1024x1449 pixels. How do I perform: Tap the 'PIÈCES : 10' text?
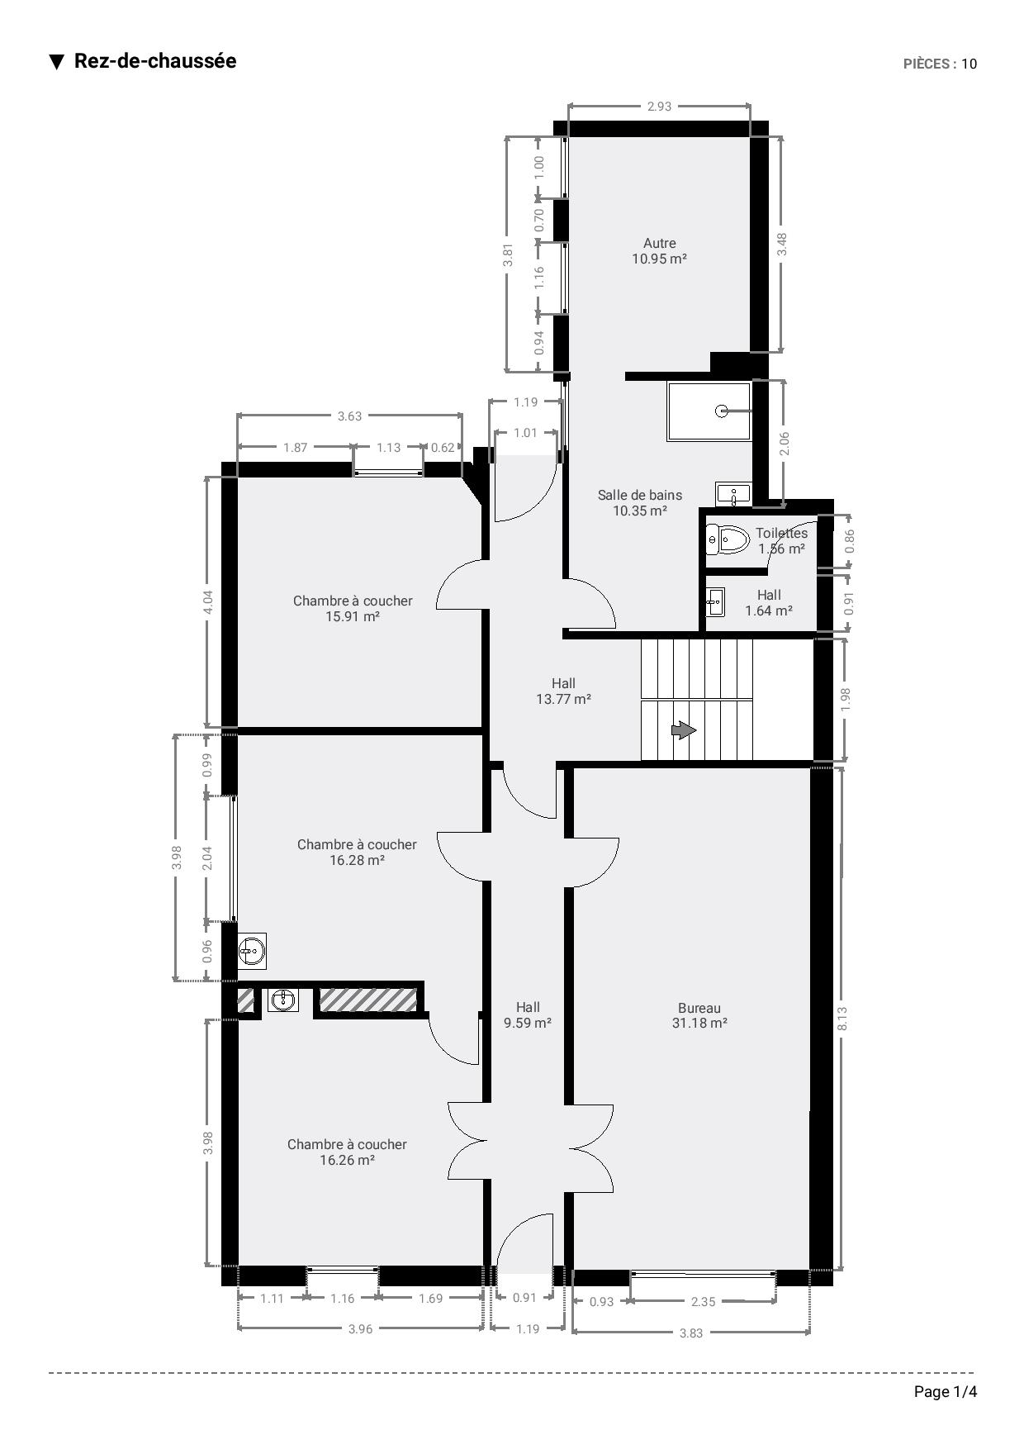pos(940,64)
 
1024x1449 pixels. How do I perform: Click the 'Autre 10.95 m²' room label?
pos(660,250)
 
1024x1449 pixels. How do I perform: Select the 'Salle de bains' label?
pos(640,495)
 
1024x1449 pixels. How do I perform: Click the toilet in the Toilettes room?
pos(727,539)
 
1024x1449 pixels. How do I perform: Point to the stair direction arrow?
pos(682,730)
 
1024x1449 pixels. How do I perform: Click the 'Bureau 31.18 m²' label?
pos(699,1015)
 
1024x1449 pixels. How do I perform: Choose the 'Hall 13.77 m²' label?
pos(564,691)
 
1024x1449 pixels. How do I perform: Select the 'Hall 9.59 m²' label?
pos(528,1014)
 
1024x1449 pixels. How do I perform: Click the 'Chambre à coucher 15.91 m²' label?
pos(353,608)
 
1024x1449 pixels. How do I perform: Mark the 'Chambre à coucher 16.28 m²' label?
pos(357,852)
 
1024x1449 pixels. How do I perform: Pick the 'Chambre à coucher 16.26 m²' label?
pos(347,1152)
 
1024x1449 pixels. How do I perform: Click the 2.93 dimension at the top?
pos(659,106)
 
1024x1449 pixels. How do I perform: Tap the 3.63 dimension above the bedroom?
pos(349,416)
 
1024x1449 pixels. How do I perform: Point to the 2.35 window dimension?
pos(703,1301)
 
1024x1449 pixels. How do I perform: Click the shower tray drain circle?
pos(722,411)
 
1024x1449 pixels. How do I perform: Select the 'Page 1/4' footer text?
pos(946,1392)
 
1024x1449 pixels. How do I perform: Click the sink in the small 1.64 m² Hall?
pos(715,603)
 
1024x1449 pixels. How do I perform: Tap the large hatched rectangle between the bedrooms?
pos(367,1000)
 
